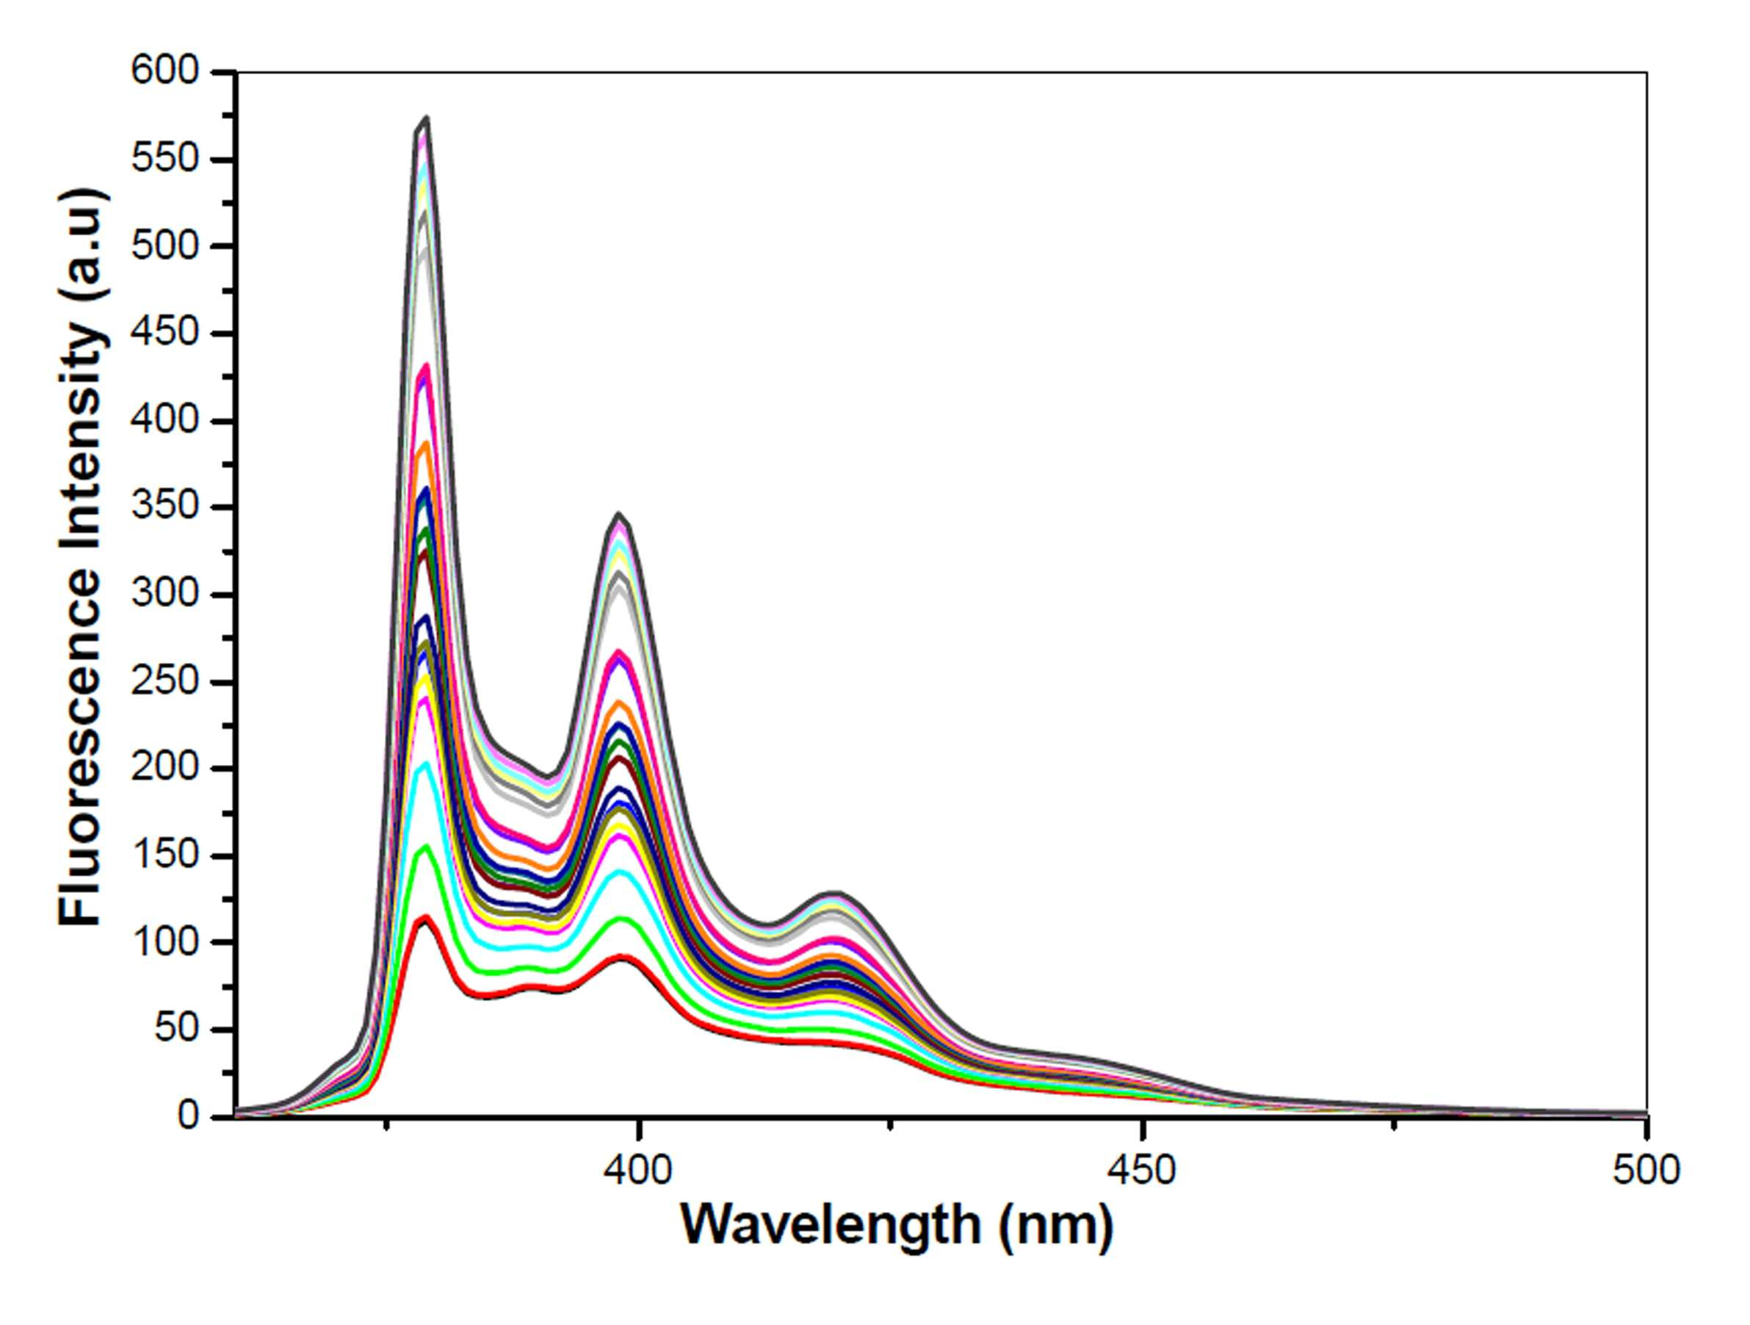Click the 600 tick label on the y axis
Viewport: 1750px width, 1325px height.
click(x=164, y=72)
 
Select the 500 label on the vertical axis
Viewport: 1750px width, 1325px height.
click(x=164, y=246)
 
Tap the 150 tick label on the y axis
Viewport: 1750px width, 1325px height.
click(x=164, y=855)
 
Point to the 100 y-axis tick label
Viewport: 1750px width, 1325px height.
click(x=164, y=942)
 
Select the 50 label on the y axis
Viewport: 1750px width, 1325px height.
click(x=176, y=1030)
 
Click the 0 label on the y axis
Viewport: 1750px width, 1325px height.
click(x=187, y=1116)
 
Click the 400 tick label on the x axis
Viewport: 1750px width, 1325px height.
click(x=637, y=1171)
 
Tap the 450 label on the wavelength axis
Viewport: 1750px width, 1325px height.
click(x=1143, y=1171)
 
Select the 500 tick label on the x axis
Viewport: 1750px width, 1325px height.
click(x=1646, y=1171)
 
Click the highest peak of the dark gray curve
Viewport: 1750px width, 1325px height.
click(x=427, y=117)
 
